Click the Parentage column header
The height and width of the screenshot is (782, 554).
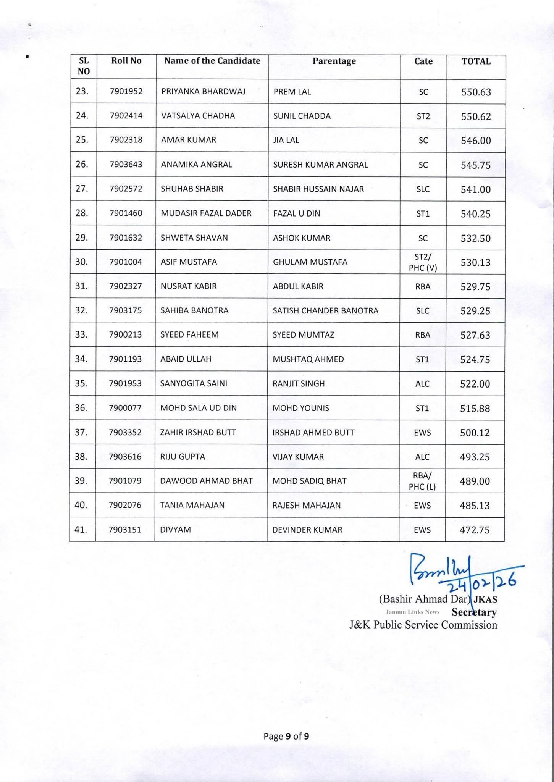(x=334, y=61)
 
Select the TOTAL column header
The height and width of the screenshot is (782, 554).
(x=476, y=61)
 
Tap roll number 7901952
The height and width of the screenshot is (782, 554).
(x=126, y=92)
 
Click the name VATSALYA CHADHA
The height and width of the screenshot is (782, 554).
(x=198, y=116)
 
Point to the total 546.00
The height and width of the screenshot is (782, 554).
(x=476, y=141)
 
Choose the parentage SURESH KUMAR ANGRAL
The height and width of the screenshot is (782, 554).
(x=320, y=165)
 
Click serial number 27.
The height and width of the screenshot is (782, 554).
(x=82, y=189)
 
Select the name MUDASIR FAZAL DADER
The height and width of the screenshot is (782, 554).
(x=206, y=213)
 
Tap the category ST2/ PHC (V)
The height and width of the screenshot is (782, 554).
(x=423, y=262)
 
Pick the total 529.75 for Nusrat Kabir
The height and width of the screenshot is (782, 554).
(x=475, y=287)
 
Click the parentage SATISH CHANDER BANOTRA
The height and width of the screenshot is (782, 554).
(x=325, y=310)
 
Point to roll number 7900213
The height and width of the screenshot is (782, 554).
(x=125, y=335)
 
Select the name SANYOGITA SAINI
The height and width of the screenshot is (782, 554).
(x=194, y=383)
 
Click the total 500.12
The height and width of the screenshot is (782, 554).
(x=475, y=433)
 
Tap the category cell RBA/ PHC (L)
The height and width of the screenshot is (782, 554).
(x=422, y=481)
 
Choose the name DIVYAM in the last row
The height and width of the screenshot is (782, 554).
(x=175, y=530)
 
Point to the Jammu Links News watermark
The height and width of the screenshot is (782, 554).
(x=412, y=612)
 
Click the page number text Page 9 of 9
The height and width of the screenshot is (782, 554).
(x=286, y=736)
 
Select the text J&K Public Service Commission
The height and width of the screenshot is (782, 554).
(x=423, y=625)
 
